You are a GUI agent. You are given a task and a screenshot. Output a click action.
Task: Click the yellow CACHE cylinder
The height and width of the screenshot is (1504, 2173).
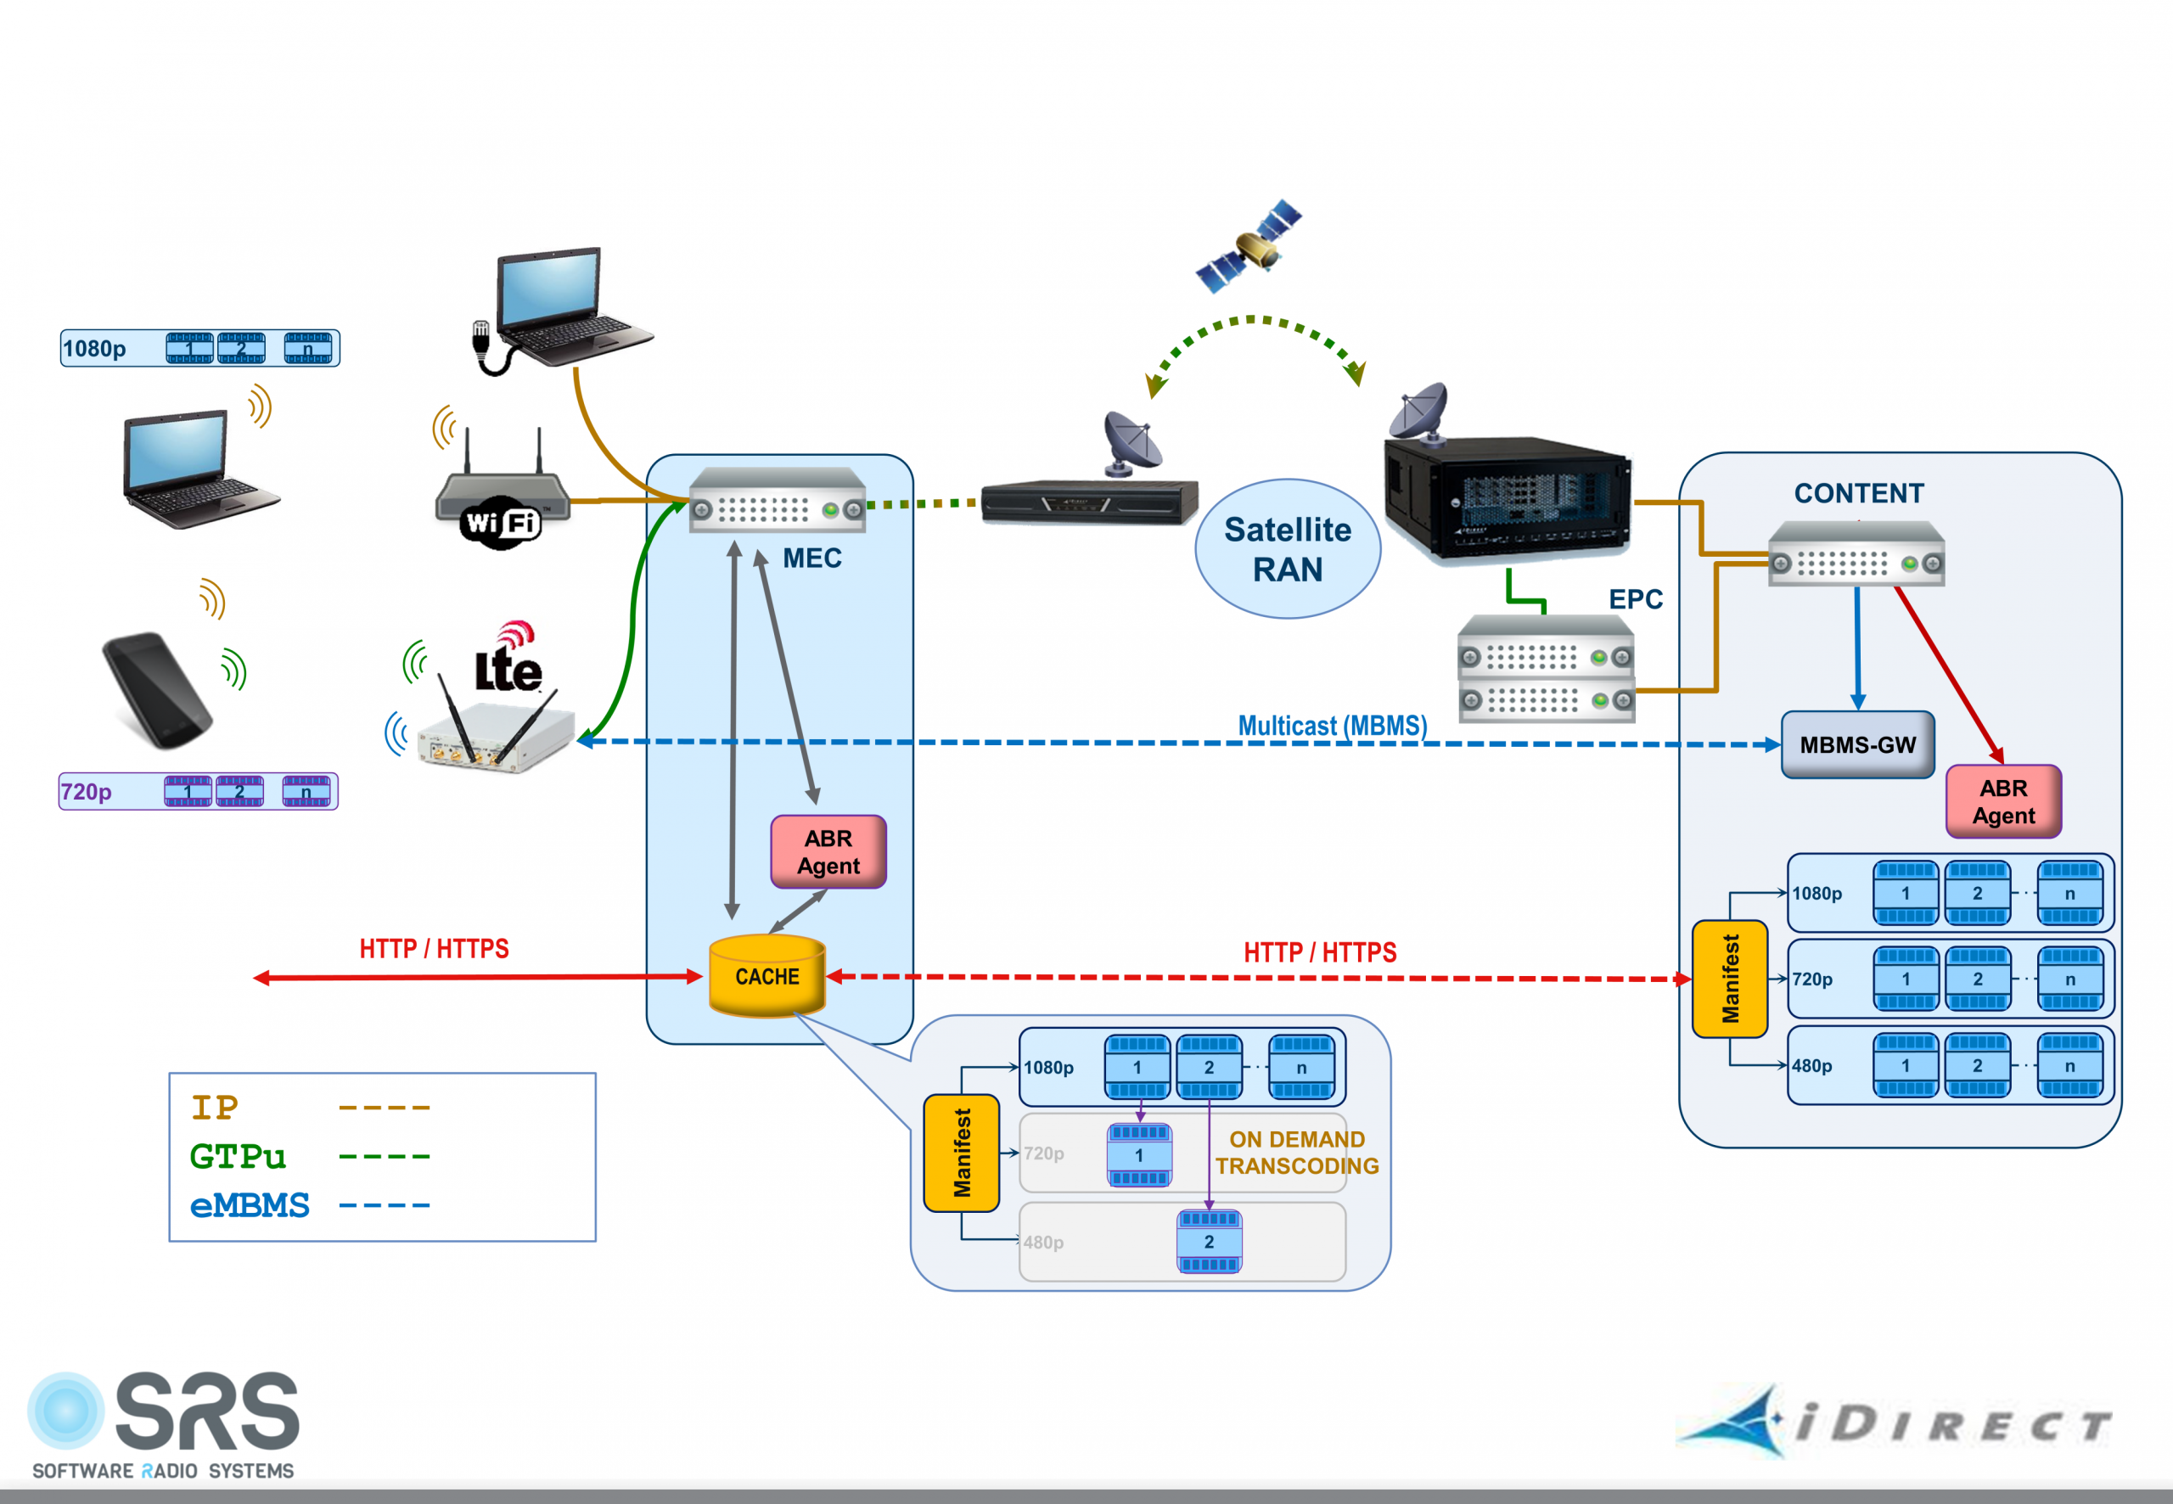point(767,976)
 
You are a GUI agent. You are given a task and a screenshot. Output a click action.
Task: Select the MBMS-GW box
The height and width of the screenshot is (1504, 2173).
point(1856,744)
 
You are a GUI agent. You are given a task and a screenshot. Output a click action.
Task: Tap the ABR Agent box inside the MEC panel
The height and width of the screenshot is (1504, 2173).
point(828,852)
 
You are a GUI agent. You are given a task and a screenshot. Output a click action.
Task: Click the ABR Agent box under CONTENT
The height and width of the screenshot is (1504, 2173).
point(2003,802)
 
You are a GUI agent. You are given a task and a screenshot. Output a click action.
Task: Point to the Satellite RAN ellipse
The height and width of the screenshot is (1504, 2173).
point(1287,549)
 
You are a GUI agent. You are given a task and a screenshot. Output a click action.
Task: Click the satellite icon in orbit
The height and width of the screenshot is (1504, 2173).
point(1249,246)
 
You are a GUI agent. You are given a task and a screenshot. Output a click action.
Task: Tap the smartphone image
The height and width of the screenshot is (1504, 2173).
point(157,690)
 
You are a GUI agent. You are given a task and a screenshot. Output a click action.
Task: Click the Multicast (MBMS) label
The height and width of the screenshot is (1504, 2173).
point(1332,726)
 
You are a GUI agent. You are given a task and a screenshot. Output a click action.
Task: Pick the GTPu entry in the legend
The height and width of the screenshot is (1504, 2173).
point(238,1156)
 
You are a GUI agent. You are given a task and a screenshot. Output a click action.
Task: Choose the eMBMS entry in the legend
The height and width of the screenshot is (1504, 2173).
point(250,1205)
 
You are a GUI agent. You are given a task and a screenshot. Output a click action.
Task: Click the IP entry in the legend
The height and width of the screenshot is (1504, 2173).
point(215,1108)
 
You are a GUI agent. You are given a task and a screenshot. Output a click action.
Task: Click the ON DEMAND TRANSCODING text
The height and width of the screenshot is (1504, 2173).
point(1297,1153)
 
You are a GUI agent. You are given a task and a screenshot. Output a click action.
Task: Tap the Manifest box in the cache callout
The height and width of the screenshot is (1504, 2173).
point(961,1153)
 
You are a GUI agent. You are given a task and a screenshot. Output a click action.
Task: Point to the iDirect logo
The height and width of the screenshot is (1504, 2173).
point(1894,1423)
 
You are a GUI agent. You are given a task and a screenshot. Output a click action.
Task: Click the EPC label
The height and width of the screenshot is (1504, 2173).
point(1635,599)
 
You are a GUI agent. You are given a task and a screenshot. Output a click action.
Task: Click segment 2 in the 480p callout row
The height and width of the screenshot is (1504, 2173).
point(1209,1242)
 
